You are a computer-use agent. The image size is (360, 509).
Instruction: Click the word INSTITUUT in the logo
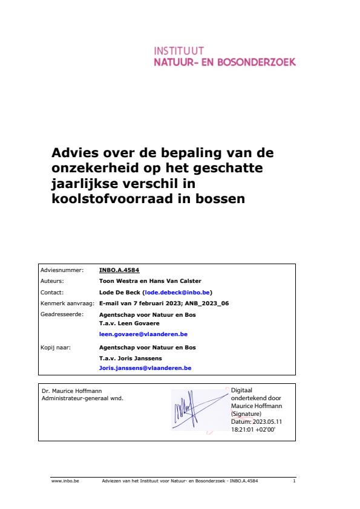(x=179, y=51)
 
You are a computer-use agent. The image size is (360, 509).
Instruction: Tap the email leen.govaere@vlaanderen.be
(x=143, y=334)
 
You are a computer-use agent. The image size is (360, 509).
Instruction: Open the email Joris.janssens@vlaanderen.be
(x=145, y=368)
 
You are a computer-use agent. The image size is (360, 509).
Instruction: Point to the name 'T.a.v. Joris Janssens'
(x=130, y=358)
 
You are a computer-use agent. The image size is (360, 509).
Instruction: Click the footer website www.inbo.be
(x=65, y=481)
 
